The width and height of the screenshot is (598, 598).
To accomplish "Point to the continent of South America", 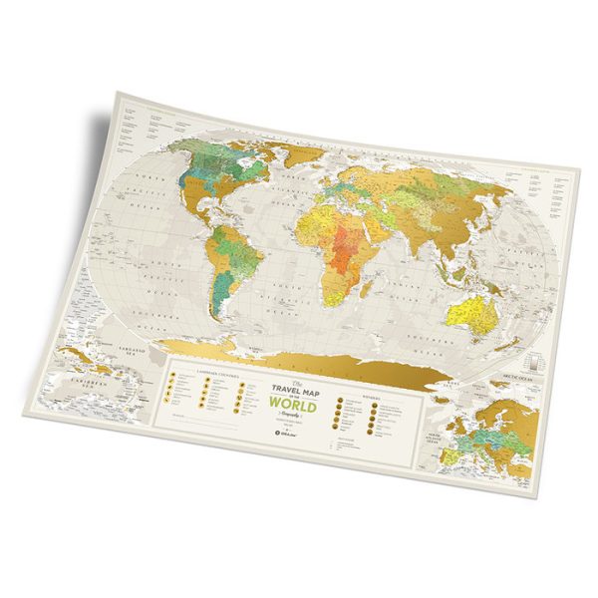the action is coord(235,260).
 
